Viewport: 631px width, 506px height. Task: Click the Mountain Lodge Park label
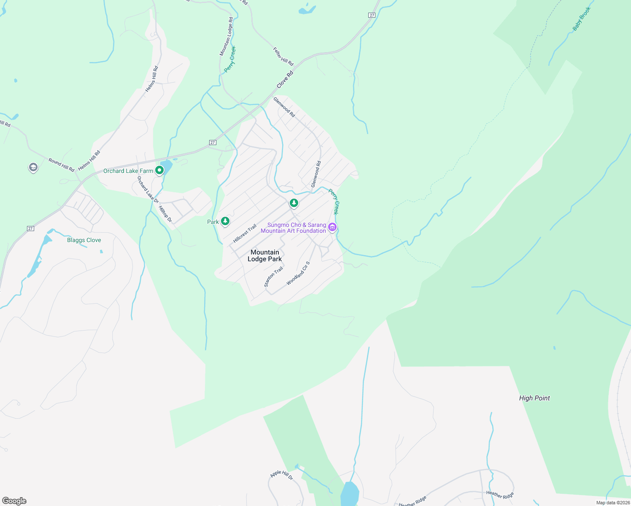click(264, 256)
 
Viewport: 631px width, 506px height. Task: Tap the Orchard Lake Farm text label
click(128, 171)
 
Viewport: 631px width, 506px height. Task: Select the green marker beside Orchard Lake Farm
click(159, 170)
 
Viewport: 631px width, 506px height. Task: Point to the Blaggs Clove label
click(84, 240)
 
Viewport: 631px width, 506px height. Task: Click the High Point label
click(534, 398)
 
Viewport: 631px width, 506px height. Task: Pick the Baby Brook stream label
click(582, 19)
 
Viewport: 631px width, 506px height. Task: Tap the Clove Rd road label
click(285, 79)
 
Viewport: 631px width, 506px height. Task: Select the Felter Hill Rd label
click(283, 56)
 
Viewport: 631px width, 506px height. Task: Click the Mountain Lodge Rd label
click(226, 37)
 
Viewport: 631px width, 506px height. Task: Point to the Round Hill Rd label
click(61, 165)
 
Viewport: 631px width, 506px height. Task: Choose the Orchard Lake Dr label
click(148, 189)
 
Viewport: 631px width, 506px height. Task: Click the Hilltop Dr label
click(165, 214)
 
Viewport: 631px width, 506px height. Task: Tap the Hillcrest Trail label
click(245, 234)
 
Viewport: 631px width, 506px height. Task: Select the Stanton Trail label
click(273, 277)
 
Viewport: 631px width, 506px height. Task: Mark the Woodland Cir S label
click(298, 273)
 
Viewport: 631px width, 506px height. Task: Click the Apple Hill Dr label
click(281, 475)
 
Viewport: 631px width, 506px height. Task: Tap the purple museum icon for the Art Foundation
click(332, 228)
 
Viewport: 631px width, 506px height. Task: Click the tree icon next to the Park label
click(225, 221)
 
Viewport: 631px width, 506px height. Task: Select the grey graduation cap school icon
click(33, 167)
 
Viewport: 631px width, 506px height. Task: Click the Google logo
click(14, 501)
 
